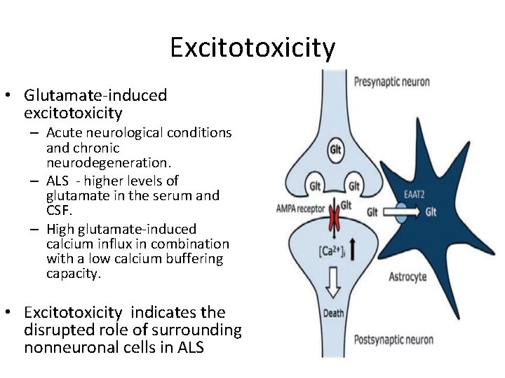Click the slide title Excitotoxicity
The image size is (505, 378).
252,48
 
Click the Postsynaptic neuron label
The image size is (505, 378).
393,341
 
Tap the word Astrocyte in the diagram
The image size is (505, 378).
408,276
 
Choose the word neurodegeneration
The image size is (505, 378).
108,163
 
